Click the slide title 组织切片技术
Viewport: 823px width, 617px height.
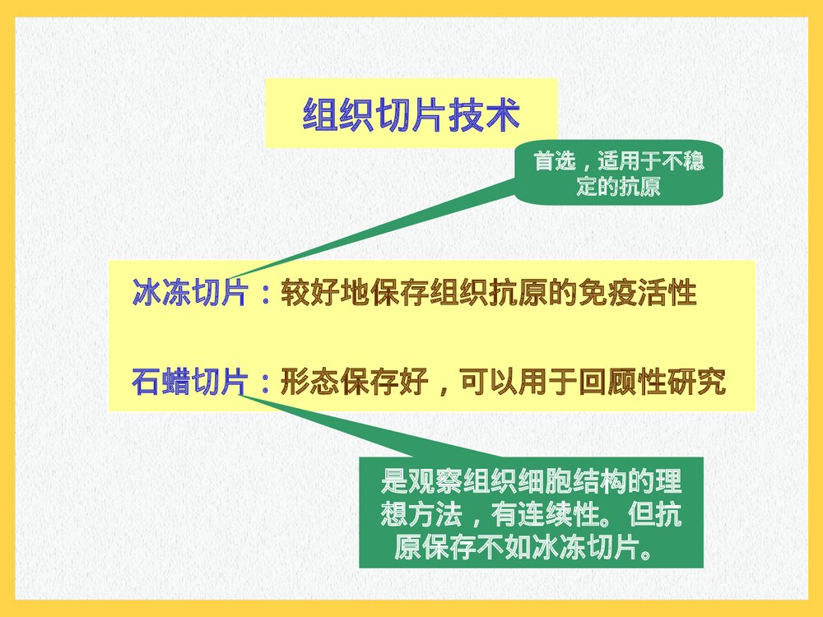click(411, 115)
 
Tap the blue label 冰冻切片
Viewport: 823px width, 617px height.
click(188, 294)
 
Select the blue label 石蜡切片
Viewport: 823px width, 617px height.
click(188, 383)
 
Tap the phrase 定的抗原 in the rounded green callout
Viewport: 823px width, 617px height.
click(618, 187)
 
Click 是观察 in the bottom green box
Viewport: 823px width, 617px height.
click(411, 481)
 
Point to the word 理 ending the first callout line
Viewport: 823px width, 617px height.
click(671, 481)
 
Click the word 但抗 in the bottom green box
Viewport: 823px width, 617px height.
click(653, 515)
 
